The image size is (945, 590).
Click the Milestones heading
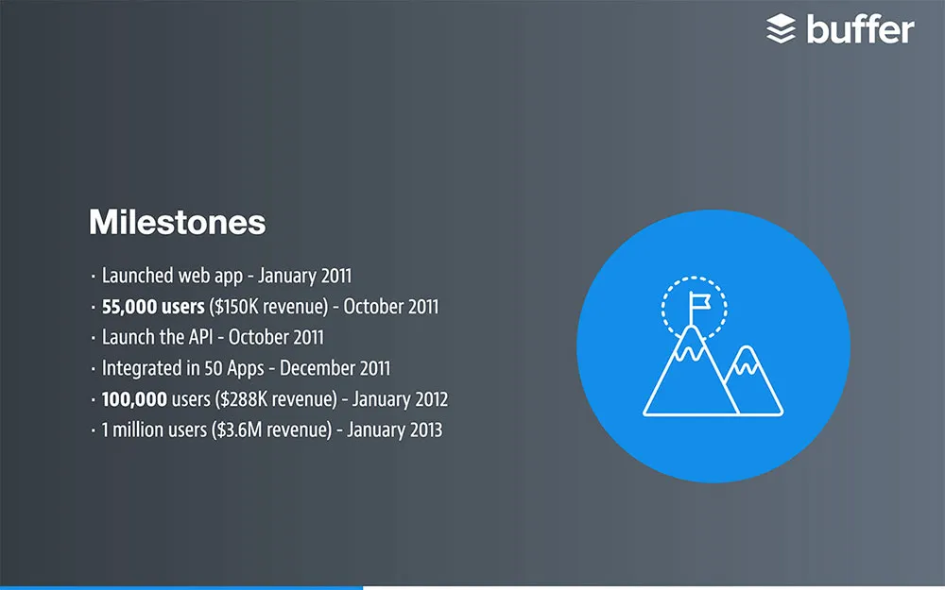[178, 222]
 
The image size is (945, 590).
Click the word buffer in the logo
[860, 29]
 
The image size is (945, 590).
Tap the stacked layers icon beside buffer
[782, 29]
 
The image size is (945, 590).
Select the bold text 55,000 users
[153, 307]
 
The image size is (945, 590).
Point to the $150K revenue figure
[268, 307]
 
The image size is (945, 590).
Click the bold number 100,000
[134, 399]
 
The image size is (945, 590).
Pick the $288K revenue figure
[278, 399]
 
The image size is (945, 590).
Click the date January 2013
[394, 430]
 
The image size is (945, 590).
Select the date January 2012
[400, 399]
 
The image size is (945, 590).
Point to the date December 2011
[335, 368]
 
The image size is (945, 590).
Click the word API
[200, 337]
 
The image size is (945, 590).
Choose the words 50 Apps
[233, 369]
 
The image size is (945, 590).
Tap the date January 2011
[304, 276]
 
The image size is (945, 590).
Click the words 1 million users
[154, 430]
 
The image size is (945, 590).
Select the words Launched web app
[172, 276]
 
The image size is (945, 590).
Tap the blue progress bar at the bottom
[181, 587]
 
